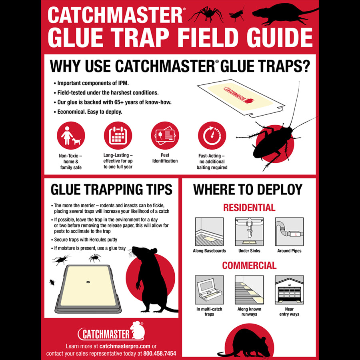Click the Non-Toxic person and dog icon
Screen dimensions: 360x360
point(71,136)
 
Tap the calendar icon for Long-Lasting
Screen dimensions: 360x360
point(118,136)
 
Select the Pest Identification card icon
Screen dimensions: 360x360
point(165,136)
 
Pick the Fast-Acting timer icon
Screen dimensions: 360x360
point(212,136)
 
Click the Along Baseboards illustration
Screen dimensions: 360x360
point(209,232)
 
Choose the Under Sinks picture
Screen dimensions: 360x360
point(249,232)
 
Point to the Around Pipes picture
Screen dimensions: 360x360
point(289,232)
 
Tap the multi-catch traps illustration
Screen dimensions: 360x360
point(209,290)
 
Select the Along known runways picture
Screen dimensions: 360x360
point(249,290)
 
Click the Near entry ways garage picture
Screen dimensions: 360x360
point(289,290)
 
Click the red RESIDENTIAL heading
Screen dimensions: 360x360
point(249,208)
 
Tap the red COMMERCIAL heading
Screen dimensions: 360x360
point(249,266)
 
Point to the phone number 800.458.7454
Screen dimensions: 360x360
point(160,353)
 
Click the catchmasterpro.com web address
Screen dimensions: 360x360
point(125,346)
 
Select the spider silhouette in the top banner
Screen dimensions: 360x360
point(206,14)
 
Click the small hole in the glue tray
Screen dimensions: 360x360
point(88,282)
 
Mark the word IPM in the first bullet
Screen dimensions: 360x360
point(124,83)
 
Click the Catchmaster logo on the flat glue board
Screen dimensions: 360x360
point(238,94)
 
